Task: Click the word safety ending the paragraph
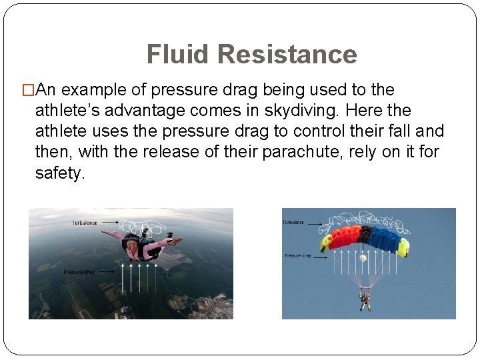[x=60, y=173]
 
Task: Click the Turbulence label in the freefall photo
[x=85, y=223]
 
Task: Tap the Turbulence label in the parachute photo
[x=294, y=222]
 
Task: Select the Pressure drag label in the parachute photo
[x=297, y=255]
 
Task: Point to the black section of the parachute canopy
[x=364, y=235]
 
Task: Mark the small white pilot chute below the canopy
[x=363, y=257]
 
